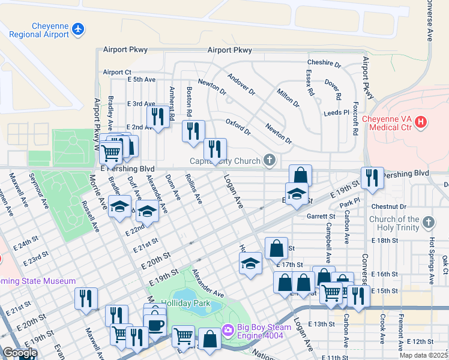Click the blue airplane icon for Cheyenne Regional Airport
pyautogui.click(x=77, y=28)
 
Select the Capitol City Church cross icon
pyautogui.click(x=270, y=160)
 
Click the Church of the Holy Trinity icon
pyautogui.click(x=428, y=223)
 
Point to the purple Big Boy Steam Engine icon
pyautogui.click(x=228, y=329)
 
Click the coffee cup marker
pyautogui.click(x=155, y=325)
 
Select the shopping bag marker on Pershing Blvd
pyautogui.click(x=300, y=176)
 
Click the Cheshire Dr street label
pyautogui.click(x=324, y=63)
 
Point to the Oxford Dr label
pyautogui.click(x=238, y=127)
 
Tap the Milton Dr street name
pyautogui.click(x=288, y=97)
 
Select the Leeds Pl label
pyautogui.click(x=336, y=112)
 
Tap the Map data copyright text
pyautogui.click(x=424, y=355)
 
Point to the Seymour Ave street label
pyautogui.click(x=39, y=191)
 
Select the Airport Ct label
pyautogui.click(x=116, y=72)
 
